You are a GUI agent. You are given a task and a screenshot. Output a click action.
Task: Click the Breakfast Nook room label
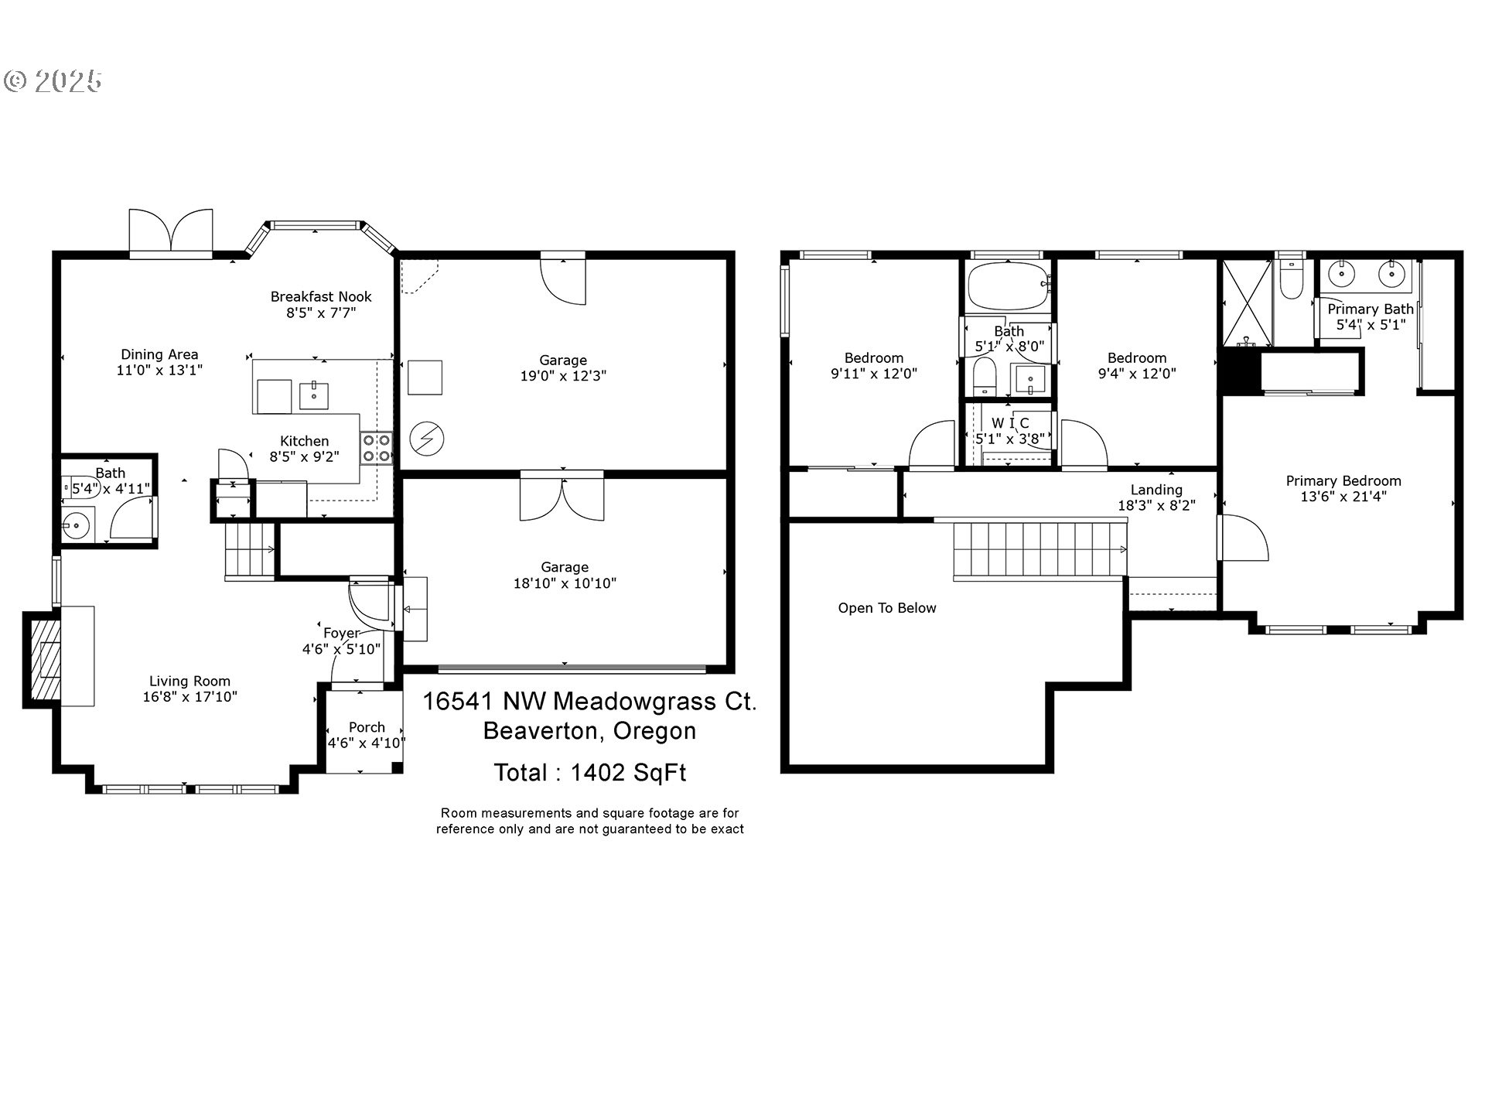click(321, 296)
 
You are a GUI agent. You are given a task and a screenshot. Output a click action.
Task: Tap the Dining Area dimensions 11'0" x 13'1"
click(159, 370)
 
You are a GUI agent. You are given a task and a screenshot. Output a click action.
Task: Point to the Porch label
click(367, 727)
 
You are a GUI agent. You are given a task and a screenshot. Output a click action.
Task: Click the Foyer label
click(341, 633)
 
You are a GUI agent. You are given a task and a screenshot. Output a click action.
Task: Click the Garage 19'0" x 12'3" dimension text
click(563, 376)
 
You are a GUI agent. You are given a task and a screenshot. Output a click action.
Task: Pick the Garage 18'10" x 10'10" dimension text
click(565, 583)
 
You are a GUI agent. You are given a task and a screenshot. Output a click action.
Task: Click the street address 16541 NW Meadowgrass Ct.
click(589, 702)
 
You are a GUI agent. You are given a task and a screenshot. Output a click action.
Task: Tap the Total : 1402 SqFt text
click(590, 773)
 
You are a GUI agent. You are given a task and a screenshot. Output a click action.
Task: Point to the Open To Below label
click(887, 608)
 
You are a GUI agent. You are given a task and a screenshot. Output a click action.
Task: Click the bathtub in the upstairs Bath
click(1009, 286)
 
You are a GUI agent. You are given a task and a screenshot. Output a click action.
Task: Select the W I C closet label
click(1010, 423)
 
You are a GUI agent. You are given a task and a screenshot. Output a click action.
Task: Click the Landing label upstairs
click(1156, 490)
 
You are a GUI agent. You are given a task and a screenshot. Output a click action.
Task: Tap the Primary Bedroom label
click(1343, 480)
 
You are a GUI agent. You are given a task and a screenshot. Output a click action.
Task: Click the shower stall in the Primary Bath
click(1246, 302)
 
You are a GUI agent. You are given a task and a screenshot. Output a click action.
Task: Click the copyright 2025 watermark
click(53, 81)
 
